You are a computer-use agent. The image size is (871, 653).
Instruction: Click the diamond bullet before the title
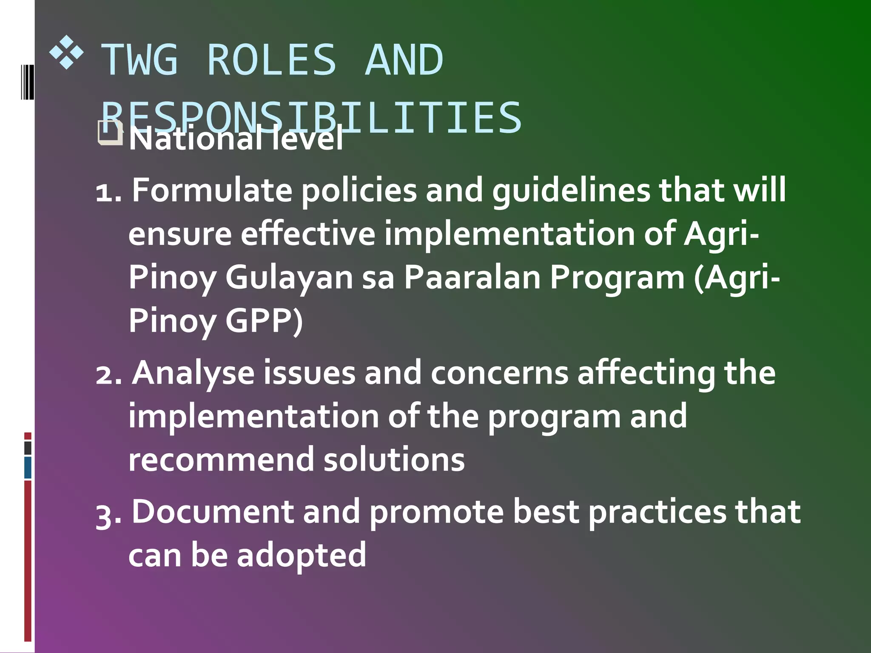point(66,54)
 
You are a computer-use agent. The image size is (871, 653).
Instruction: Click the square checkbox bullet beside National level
point(110,133)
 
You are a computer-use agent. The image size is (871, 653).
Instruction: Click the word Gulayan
point(289,277)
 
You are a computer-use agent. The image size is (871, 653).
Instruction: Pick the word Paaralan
point(472,277)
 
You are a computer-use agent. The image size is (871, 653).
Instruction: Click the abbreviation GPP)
point(264,321)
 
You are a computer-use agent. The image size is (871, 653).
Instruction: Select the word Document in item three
point(212,512)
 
